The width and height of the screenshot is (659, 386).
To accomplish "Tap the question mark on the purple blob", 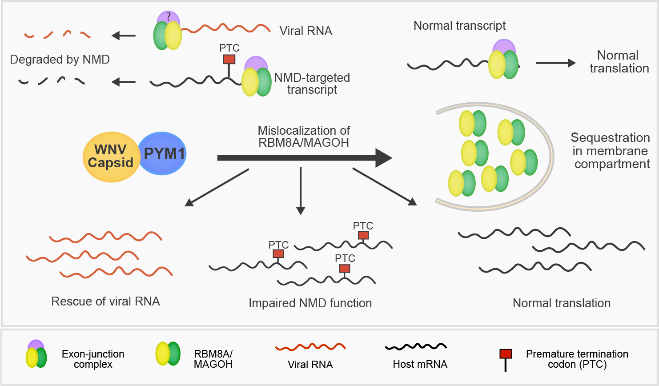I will tap(168, 17).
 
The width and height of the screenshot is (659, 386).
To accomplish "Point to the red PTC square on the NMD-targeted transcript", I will tap(229, 59).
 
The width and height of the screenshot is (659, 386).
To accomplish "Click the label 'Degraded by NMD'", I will tap(60, 59).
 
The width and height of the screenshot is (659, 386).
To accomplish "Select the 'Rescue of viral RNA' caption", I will tap(105, 302).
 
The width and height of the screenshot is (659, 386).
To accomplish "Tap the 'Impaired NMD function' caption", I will tap(310, 303).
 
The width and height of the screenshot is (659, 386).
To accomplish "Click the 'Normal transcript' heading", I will tap(459, 26).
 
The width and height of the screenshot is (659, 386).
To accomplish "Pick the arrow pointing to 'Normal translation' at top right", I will tap(555, 63).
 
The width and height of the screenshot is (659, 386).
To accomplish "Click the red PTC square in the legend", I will tap(506, 354).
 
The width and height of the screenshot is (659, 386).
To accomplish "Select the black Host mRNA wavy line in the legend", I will tap(416, 346).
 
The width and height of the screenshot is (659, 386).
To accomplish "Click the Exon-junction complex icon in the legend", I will tap(36, 354).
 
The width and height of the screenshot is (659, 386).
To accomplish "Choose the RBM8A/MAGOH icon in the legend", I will tap(168, 354).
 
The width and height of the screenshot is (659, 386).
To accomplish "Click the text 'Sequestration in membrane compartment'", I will tap(611, 151).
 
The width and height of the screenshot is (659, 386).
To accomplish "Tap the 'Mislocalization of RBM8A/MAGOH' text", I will tap(304, 137).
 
